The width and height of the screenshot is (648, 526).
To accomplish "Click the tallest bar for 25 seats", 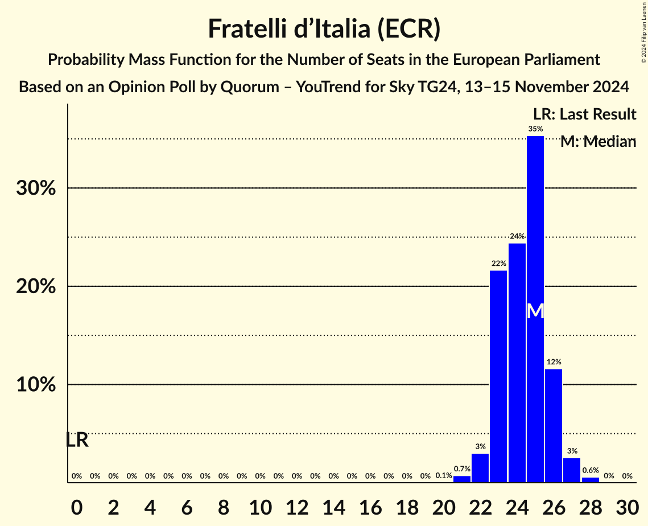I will (x=535, y=228).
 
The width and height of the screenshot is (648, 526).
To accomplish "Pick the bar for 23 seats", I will (x=498, y=376).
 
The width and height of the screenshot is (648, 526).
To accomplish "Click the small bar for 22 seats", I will (x=480, y=468).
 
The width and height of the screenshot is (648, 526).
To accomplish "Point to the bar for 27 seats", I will (x=572, y=470).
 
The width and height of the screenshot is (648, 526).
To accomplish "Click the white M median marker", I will (x=535, y=311).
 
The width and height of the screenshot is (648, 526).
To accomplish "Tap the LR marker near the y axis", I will (x=77, y=440).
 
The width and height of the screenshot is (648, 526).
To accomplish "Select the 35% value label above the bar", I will (x=535, y=129).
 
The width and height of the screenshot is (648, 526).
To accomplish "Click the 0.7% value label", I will (x=461, y=469).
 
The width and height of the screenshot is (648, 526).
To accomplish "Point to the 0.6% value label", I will (x=591, y=470).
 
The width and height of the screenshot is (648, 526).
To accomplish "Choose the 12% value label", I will (x=554, y=362).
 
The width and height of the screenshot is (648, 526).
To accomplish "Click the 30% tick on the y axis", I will (x=36, y=188).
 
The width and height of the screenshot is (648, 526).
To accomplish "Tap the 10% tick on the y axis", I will (x=36, y=385).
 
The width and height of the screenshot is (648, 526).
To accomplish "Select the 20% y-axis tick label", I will (x=36, y=286).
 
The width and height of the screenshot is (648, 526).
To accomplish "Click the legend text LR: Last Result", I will (x=584, y=114).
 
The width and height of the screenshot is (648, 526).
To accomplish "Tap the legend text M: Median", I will (x=597, y=142).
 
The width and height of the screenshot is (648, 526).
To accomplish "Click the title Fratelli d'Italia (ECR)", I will (x=324, y=28).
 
